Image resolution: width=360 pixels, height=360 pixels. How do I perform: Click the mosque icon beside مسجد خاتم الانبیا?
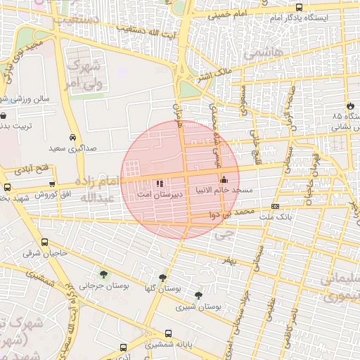(x=224, y=179)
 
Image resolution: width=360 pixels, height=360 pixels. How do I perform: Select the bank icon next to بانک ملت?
(x=275, y=206)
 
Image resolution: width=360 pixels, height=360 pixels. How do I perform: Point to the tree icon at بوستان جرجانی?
(x=104, y=275)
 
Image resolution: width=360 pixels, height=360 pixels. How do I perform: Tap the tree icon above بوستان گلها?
(x=164, y=278)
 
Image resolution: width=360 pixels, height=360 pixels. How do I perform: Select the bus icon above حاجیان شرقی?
(x=44, y=243)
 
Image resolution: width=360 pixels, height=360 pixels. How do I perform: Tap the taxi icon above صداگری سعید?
(x=73, y=138)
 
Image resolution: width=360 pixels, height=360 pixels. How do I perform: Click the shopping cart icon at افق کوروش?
(x=52, y=184)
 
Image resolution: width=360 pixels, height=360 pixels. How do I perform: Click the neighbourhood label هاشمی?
(x=259, y=54)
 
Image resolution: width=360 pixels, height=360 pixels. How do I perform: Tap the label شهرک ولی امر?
(x=84, y=72)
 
